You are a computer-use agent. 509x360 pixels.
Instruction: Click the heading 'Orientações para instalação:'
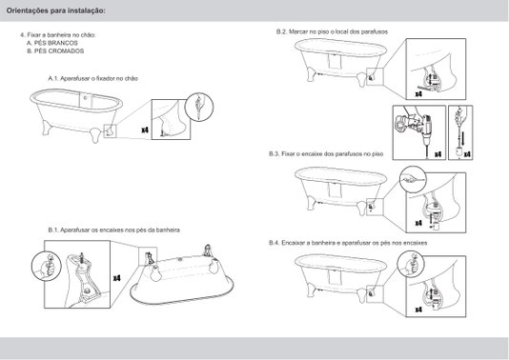coord(56,10)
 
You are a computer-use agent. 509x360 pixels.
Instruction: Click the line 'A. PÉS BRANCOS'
coord(52,43)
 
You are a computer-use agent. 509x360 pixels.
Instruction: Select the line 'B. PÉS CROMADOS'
coord(55,50)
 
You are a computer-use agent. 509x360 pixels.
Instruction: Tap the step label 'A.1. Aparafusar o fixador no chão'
coord(93,78)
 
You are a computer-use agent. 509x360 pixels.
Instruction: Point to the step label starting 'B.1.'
coord(114,230)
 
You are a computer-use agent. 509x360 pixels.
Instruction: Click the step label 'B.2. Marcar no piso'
coord(332,31)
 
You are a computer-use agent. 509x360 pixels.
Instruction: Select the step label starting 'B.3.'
coord(326,153)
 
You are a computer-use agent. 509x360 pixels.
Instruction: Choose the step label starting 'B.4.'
coord(348,243)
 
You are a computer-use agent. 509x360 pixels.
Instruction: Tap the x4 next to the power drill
coord(438,154)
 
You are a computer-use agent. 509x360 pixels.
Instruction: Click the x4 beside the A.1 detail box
coord(145,130)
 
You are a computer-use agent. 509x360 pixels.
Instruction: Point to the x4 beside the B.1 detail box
coord(116,278)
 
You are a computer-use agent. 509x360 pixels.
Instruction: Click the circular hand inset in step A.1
coord(198,107)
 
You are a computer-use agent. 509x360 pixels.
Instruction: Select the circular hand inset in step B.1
coord(47,266)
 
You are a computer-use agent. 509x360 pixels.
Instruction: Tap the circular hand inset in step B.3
coord(413,179)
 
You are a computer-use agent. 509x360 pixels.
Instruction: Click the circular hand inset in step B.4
coord(411,264)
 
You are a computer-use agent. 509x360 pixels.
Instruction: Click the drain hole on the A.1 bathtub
coord(86,97)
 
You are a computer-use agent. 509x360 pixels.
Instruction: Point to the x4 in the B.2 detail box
coord(418,94)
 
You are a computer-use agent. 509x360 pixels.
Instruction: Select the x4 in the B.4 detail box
coord(418,310)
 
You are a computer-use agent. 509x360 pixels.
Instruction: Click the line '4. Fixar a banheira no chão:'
coord(58,34)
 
